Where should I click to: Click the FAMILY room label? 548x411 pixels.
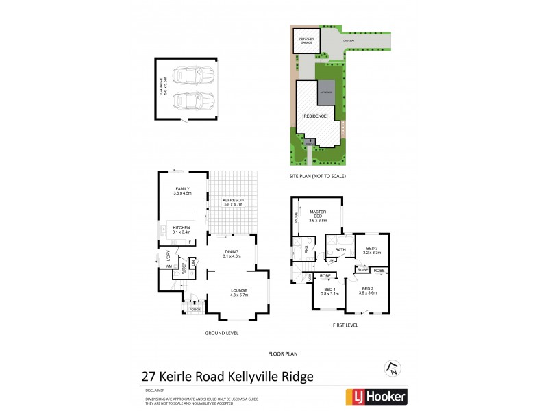pyautogui.click(x=182, y=188)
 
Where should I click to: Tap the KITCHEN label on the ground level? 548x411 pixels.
pyautogui.click(x=182, y=227)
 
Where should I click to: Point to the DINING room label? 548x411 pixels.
pyautogui.click(x=232, y=251)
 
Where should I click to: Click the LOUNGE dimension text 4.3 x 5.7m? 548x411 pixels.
pyautogui.click(x=239, y=295)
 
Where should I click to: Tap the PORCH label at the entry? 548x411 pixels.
pyautogui.click(x=195, y=309)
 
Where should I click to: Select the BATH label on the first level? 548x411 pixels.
pyautogui.click(x=340, y=250)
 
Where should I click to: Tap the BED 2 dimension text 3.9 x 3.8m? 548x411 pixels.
pyautogui.click(x=367, y=293)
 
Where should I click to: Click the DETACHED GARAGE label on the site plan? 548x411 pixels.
pyautogui.click(x=305, y=41)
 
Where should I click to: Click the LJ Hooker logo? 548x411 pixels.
pyautogui.click(x=375, y=397)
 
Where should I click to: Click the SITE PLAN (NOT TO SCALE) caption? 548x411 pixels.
pyautogui.click(x=317, y=176)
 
